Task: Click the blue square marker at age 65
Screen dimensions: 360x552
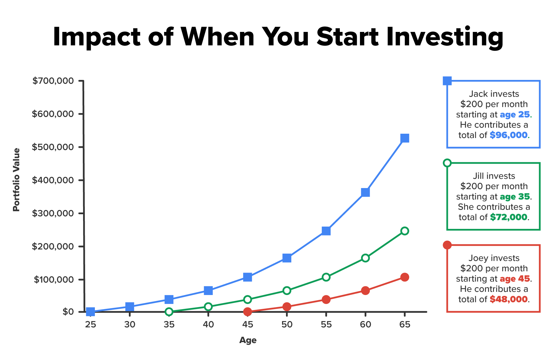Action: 405,138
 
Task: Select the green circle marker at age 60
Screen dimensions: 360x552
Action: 365,258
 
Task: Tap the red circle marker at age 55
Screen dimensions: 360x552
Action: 326,300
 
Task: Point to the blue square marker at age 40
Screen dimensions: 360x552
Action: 208,290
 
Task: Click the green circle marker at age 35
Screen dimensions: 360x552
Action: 169,312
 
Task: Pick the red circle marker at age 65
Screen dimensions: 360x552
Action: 405,277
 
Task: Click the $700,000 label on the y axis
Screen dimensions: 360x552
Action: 53,81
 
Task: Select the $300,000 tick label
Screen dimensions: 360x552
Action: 53,213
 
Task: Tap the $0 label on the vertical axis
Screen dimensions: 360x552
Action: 68,312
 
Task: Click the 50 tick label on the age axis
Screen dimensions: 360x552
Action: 287,325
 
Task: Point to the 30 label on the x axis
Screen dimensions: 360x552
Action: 130,325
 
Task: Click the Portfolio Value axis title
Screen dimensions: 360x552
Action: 17,180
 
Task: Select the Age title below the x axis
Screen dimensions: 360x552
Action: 248,340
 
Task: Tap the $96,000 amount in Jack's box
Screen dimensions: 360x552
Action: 509,135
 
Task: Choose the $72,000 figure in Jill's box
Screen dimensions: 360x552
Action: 509,217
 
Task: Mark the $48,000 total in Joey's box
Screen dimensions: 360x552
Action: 509,299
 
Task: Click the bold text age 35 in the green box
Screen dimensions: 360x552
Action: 515,197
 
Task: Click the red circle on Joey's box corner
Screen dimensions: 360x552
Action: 447,245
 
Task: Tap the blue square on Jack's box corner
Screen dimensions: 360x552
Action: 447,81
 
